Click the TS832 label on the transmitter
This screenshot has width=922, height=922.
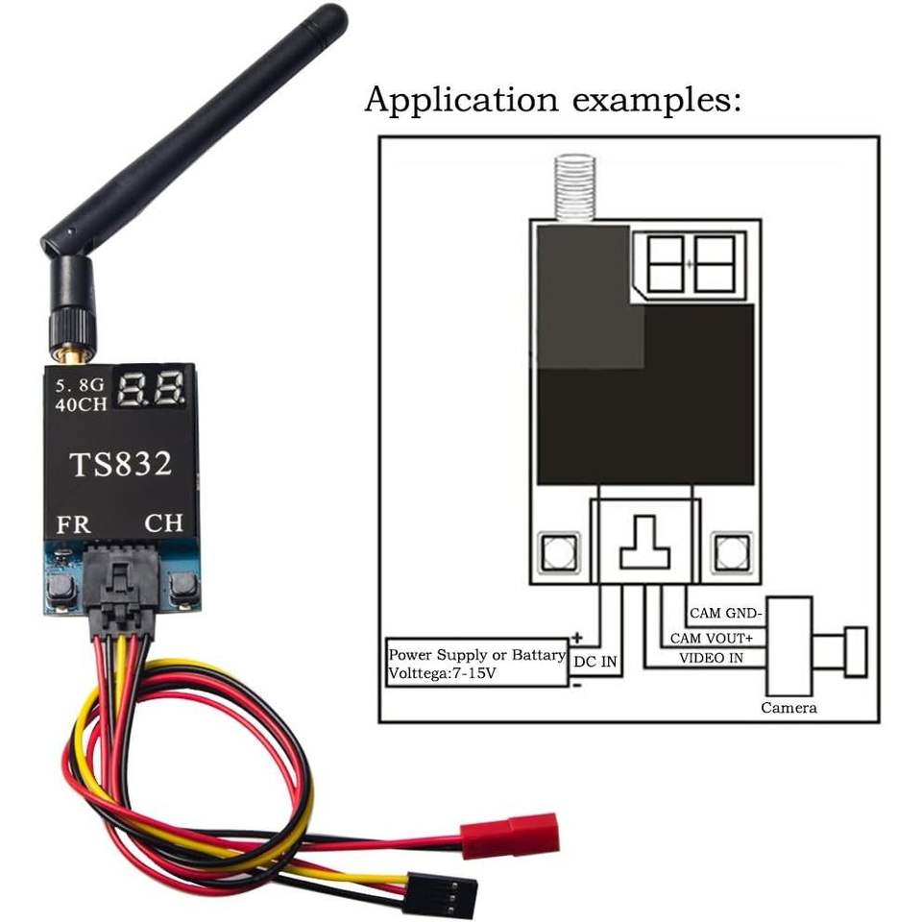tap(121, 465)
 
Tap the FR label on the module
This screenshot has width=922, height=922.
tap(75, 525)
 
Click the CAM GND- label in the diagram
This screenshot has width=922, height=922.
tap(725, 613)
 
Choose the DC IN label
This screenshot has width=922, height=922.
tap(596, 662)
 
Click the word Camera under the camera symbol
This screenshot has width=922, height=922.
tap(789, 708)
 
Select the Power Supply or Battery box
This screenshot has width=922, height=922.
tap(476, 664)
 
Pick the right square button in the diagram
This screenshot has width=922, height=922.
tap(730, 552)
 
